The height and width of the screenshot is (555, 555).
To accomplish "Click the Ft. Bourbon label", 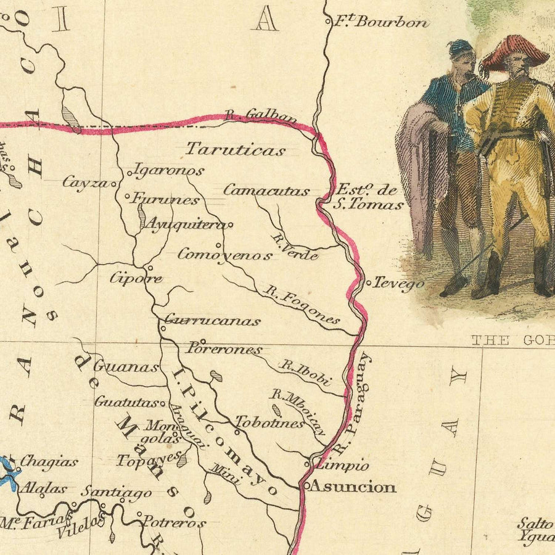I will tap(381, 22).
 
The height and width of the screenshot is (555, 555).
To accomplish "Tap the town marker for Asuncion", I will tap(304, 486).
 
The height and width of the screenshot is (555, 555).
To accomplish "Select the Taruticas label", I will tap(236, 150).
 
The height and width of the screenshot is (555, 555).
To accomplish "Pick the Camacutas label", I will tap(266, 191).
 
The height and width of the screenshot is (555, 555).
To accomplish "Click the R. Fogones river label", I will tap(302, 304).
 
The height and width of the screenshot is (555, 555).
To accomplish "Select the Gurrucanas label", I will tap(213, 321).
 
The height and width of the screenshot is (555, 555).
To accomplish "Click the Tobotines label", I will tap(269, 423).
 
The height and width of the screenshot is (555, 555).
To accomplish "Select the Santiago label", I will tap(117, 492).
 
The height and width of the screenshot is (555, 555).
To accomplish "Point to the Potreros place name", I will tap(174, 522).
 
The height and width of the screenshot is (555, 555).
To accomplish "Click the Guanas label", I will tap(129, 368).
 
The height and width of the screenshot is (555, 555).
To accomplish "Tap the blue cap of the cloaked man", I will tap(460, 47).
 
